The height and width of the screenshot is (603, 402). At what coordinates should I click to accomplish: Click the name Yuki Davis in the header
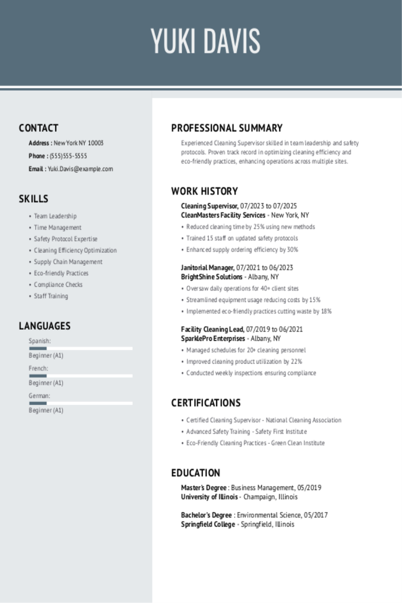tap(205, 41)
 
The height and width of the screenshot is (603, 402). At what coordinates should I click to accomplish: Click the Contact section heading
tap(38, 128)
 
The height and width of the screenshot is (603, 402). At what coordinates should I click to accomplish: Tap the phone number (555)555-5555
tap(68, 156)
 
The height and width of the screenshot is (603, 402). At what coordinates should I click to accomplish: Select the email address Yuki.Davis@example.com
tap(80, 169)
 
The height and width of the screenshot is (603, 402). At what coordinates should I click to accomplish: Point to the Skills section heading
tap(33, 199)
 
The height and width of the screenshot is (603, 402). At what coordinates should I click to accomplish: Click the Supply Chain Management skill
tap(68, 262)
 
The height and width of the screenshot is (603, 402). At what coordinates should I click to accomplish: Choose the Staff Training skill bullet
tap(51, 296)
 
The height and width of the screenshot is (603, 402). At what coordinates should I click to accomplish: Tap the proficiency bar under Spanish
tap(81, 348)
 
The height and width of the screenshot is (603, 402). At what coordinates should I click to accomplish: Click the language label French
tap(38, 368)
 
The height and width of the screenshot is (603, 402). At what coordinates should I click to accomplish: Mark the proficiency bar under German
tap(81, 403)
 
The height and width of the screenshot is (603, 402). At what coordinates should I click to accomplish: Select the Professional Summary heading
tap(227, 128)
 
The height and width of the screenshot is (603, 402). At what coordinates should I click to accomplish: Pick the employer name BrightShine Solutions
tap(211, 277)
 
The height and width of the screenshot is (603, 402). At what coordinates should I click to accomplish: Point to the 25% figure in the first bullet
tap(259, 227)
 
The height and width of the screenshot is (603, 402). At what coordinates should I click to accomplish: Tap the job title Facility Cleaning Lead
tap(212, 329)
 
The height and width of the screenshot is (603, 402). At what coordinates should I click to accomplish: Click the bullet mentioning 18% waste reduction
tap(259, 311)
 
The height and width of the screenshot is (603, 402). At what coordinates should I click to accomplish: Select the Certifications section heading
tap(206, 403)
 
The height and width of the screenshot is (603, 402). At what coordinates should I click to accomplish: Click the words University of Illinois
tap(209, 497)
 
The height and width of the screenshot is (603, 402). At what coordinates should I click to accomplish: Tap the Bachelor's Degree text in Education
tap(206, 515)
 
